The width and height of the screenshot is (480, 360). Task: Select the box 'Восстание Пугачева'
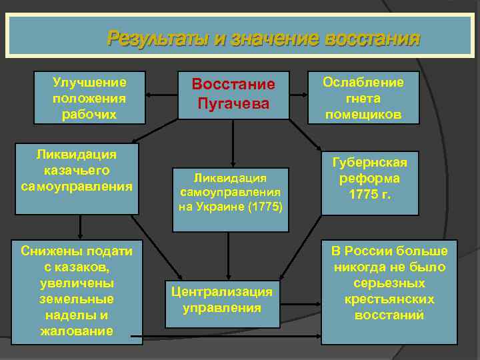233,95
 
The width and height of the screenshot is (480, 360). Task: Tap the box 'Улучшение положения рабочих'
89,98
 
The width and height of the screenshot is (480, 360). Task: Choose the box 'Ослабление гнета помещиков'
363,98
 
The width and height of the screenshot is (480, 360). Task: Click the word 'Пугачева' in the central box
233,104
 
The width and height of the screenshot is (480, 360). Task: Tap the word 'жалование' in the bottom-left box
77,331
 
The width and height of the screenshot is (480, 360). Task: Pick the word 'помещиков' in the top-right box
363,115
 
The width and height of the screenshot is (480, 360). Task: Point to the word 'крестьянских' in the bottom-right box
391,299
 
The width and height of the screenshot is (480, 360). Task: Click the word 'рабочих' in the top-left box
89,115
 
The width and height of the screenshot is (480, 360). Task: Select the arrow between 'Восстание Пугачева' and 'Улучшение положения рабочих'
162,95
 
